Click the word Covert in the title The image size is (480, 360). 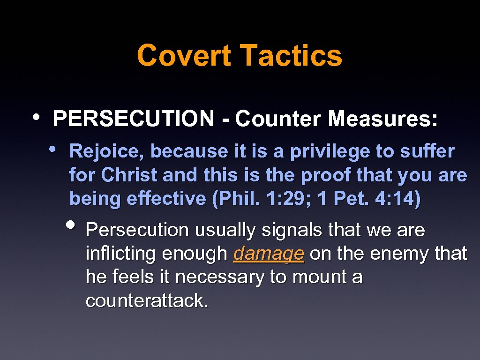[x=184, y=55]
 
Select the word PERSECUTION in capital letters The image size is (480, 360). [x=134, y=119]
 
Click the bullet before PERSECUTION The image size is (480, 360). [x=37, y=116]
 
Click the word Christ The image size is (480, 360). [x=129, y=175]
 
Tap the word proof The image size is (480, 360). [x=325, y=175]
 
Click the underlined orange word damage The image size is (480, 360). [x=269, y=254]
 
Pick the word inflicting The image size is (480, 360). [x=120, y=254]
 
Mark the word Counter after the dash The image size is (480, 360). [x=278, y=119]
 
